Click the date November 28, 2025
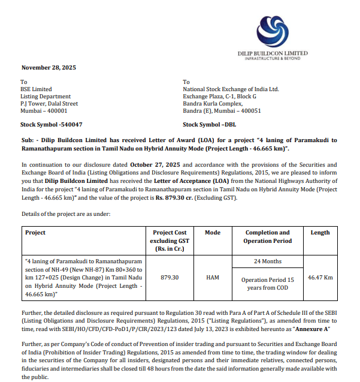49,67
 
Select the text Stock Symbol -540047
52,125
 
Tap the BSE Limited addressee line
37,89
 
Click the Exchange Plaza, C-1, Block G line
219,97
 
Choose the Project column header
35,233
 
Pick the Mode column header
213,233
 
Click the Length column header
320,233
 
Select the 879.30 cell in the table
171,278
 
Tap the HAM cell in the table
213,278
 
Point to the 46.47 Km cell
320,278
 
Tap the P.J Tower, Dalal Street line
49,104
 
